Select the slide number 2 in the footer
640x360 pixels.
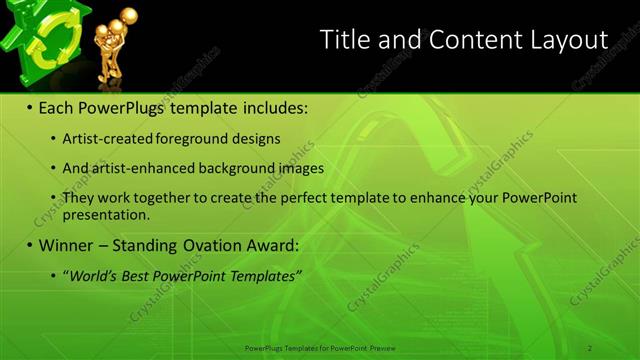(590, 347)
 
